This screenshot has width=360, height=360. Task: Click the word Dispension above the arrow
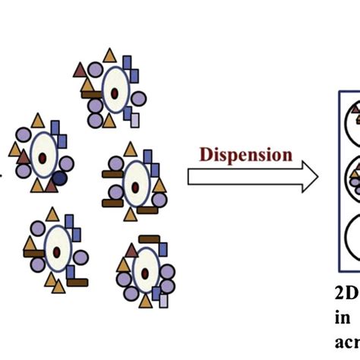click(246, 155)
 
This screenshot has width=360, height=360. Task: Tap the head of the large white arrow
click(308, 177)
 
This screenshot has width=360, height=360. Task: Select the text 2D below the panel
click(344, 293)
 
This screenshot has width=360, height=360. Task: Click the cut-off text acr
click(346, 341)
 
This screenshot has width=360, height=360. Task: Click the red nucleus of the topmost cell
click(114, 93)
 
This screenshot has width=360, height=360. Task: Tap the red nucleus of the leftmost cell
click(43, 156)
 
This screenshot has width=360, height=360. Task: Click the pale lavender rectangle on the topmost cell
click(135, 119)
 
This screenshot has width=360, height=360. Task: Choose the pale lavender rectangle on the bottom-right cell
click(163, 300)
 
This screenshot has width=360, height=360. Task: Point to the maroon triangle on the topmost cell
click(80, 71)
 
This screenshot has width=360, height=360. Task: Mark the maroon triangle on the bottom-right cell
click(132, 250)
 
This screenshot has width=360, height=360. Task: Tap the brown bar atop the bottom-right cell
click(149, 241)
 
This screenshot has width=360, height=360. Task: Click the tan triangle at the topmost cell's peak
click(110, 55)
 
